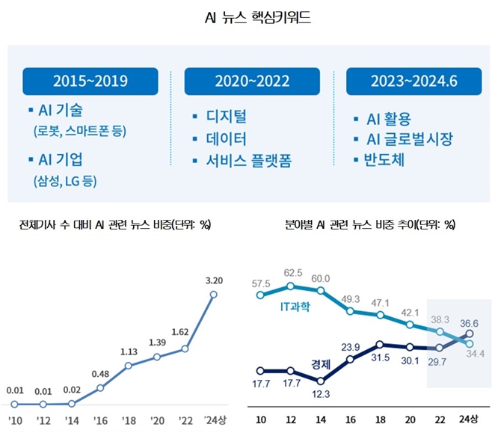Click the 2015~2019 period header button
click(90, 82)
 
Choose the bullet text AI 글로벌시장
click(408, 139)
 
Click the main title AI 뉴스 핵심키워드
click(247, 16)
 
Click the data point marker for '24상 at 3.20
click(214, 295)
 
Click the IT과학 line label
click(293, 307)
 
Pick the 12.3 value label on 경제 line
click(322, 394)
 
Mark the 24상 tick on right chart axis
click(469, 418)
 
